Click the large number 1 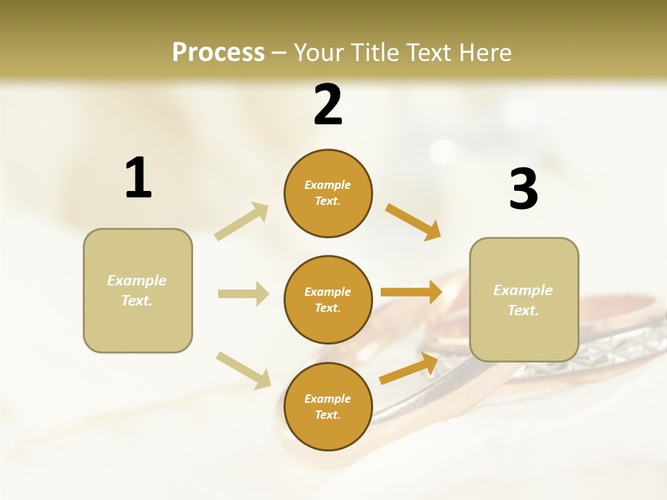pos(138,178)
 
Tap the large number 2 pos(328,105)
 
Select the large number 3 pos(523,190)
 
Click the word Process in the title pos(218,52)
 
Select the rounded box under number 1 pos(138,290)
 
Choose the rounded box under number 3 pos(524,299)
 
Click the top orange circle pos(328,193)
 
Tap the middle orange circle pos(328,299)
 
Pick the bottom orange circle pos(328,406)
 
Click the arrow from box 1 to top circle pos(242,221)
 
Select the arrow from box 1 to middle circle pos(243,294)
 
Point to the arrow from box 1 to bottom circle pos(243,369)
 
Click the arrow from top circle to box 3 pos(413,222)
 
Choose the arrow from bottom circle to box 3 pos(409,368)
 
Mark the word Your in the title pos(320,52)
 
